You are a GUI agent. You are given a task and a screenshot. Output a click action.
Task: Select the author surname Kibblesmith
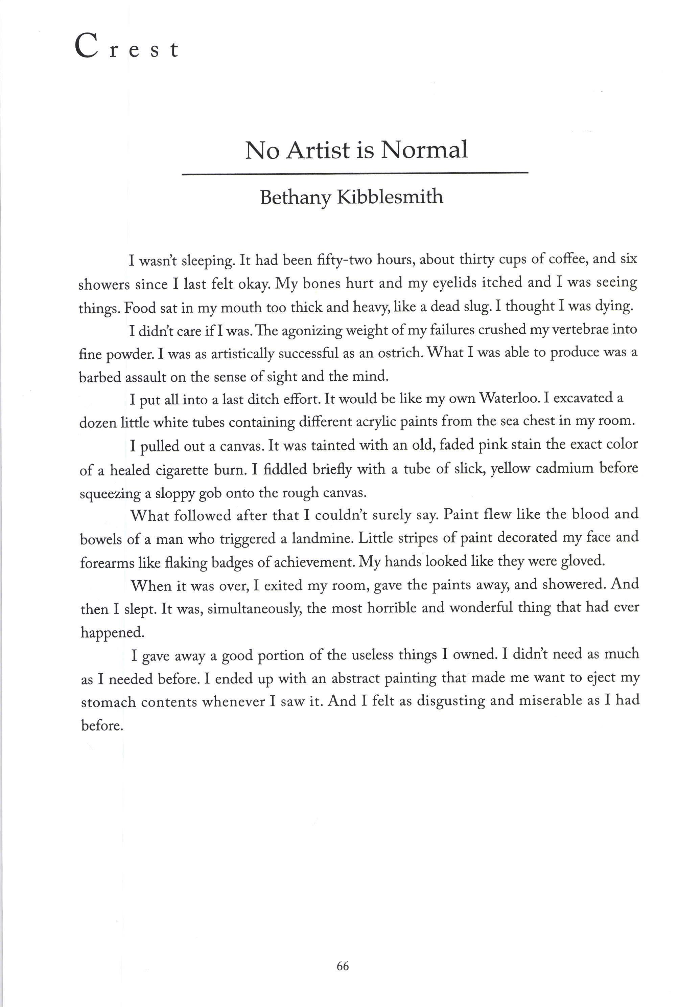(390, 197)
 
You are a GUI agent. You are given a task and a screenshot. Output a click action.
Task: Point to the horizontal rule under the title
(355, 174)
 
